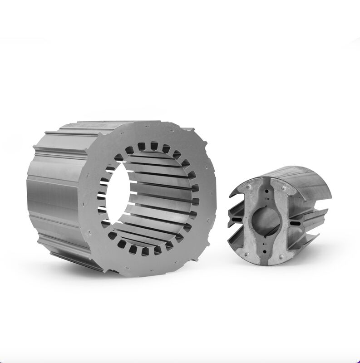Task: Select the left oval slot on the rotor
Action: pos(237,219)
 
